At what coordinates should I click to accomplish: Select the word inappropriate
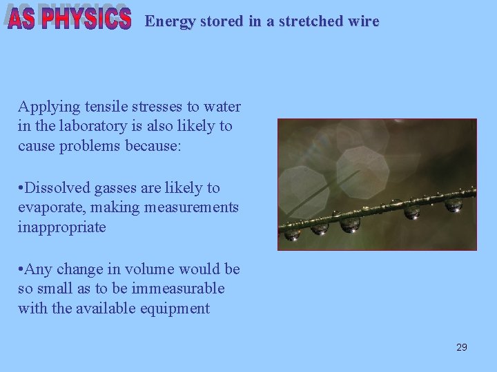point(62,227)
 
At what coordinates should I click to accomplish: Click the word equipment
point(177,308)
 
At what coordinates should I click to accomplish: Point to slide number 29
point(461,347)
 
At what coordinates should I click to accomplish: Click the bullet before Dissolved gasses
point(21,188)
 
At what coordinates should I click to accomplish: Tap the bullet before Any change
point(21,269)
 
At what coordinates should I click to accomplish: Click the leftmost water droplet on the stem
point(293,234)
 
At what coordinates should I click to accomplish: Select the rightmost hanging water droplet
point(454,205)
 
